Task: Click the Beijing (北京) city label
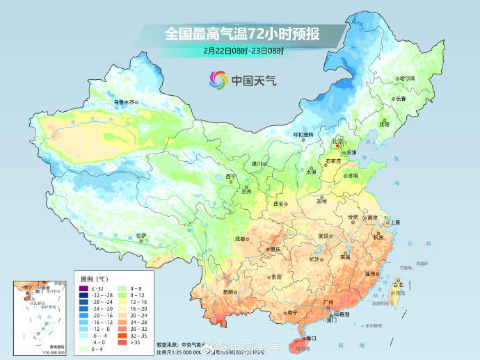(x=338, y=140)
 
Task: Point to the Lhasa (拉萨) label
(x=142, y=236)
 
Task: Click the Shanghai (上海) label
(x=394, y=222)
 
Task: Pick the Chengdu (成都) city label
(x=240, y=238)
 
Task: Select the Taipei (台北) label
(x=399, y=284)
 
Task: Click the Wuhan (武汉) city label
(x=323, y=236)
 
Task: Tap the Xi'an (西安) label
(x=279, y=203)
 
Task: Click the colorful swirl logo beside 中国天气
(x=218, y=80)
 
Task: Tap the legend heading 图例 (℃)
(x=91, y=278)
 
